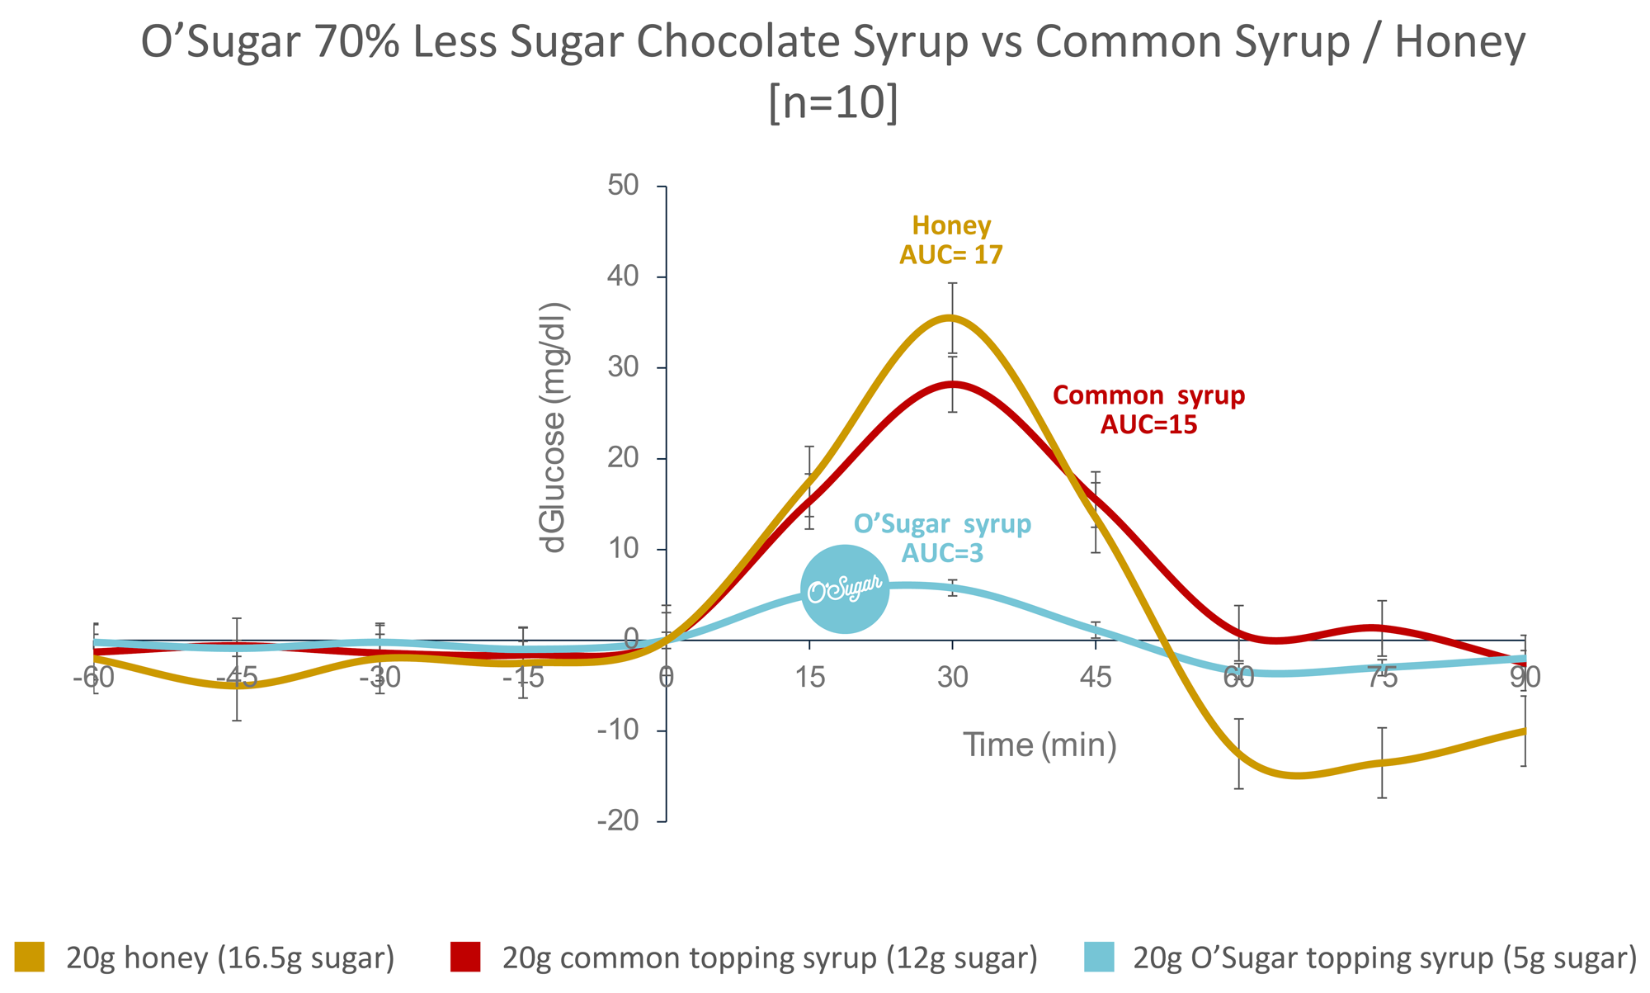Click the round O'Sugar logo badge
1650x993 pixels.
pyautogui.click(x=845, y=589)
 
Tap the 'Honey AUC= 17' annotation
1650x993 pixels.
pyautogui.click(x=951, y=240)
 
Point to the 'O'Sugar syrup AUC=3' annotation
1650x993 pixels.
pyautogui.click(x=942, y=538)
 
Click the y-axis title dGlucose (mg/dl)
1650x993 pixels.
pyautogui.click(x=554, y=428)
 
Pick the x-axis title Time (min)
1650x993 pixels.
pyautogui.click(x=1039, y=745)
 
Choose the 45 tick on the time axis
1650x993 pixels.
pyautogui.click(x=1096, y=678)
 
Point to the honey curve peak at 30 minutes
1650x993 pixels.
pyautogui.click(x=951, y=318)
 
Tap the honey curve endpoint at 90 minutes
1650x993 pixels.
pyautogui.click(x=1524, y=731)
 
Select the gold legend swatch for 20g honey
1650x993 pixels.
pyautogui.click(x=30, y=958)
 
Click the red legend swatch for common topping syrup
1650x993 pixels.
pyautogui.click(x=465, y=958)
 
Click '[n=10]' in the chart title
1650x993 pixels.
pyautogui.click(x=833, y=104)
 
